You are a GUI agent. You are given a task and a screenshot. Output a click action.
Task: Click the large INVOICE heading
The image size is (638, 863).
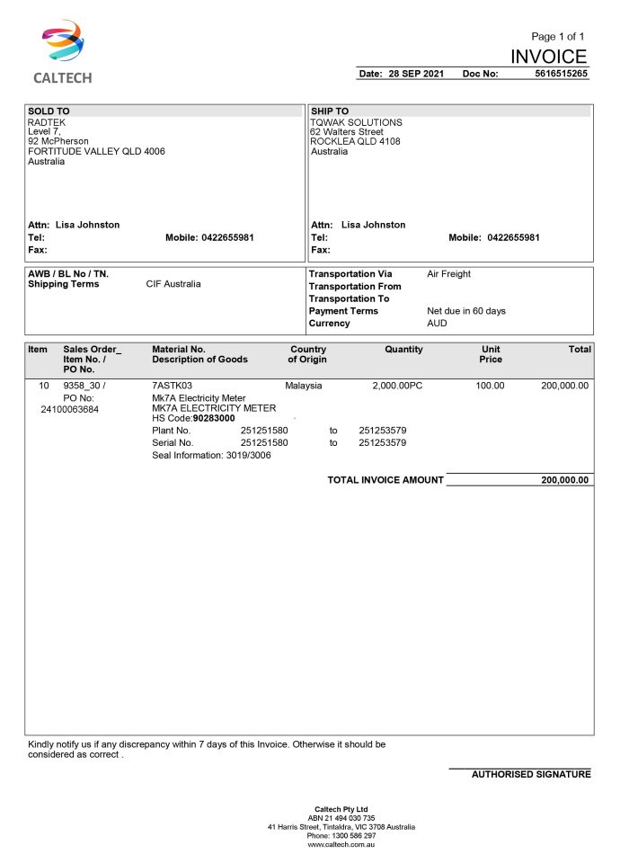coord(548,58)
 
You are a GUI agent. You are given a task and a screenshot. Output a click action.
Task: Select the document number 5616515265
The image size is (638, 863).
coord(561,74)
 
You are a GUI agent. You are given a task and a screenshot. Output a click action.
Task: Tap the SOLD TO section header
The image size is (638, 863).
coord(49,111)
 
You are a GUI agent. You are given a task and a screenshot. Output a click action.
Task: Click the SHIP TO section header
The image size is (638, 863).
coord(330,111)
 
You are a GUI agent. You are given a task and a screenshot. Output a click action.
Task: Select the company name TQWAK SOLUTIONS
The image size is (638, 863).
coord(356,122)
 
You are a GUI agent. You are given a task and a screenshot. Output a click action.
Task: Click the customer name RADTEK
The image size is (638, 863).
coord(47,122)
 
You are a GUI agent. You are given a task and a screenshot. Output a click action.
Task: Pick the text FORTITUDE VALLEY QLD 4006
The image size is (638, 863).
coord(96,152)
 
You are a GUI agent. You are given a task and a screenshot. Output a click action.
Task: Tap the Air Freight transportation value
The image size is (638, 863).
coord(448,274)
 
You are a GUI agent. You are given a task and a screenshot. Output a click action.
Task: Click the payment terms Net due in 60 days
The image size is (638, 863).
coord(465,311)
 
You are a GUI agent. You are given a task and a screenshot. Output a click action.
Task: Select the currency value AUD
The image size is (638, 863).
coord(437,323)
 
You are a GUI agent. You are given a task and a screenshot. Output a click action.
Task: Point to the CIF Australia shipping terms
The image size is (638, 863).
coord(173,284)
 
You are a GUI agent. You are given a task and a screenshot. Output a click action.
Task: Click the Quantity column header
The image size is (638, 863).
coord(403,350)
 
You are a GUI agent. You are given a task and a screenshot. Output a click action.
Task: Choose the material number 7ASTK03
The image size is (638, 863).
coord(173,386)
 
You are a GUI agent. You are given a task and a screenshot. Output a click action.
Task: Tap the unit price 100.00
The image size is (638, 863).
coord(490,386)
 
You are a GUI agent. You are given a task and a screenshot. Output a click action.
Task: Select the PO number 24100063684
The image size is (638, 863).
coord(70,409)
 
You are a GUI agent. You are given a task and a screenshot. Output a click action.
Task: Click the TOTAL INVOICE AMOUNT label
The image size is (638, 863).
coord(385,480)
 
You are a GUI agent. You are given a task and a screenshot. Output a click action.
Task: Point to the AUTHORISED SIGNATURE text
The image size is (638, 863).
coord(531,774)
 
